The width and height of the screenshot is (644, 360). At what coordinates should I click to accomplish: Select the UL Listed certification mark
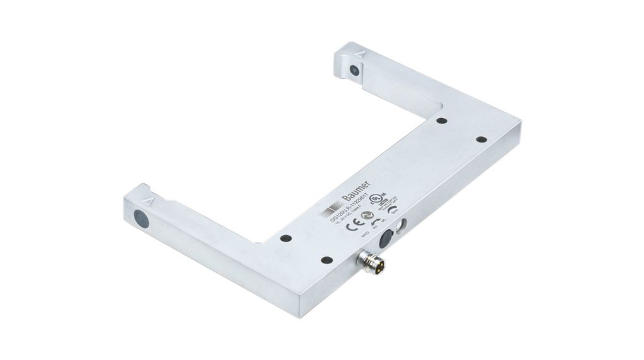coord(377,198)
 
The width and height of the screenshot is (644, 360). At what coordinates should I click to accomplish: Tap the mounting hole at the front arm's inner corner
coord(286,239)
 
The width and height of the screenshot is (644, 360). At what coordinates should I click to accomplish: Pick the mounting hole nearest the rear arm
coord(441,121)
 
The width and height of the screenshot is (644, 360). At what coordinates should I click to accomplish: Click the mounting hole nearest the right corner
coord(480,139)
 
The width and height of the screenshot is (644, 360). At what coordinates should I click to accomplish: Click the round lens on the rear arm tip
coord(355,71)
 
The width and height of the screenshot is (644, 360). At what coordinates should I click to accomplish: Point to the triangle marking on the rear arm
coord(359,56)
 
